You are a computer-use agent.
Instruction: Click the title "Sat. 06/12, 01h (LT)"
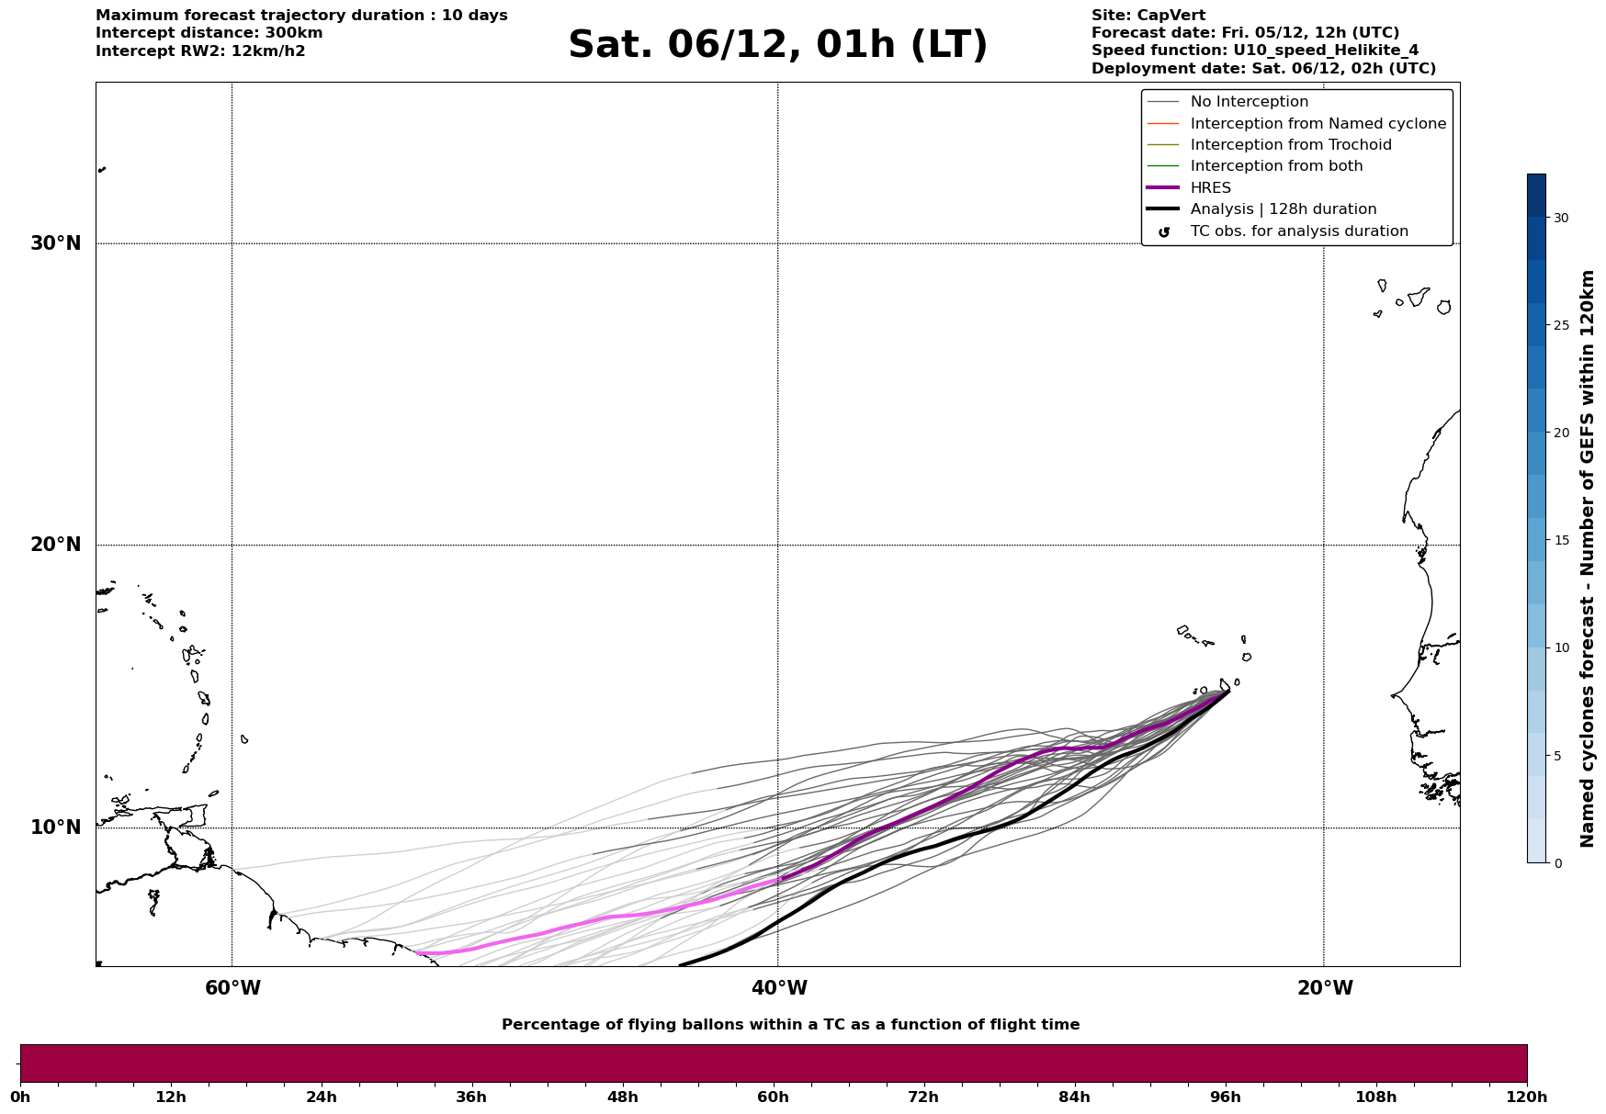[777, 45]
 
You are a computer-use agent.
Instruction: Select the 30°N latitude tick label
[56, 243]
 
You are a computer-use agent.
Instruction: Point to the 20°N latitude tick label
[56, 545]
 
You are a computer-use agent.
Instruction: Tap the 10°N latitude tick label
[56, 827]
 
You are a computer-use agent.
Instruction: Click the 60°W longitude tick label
[232, 988]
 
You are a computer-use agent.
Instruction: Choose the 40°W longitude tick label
[778, 988]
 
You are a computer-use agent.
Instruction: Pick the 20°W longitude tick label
[1324, 988]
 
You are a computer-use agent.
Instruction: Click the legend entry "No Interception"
[1249, 102]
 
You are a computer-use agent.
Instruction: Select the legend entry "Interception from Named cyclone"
[1318, 124]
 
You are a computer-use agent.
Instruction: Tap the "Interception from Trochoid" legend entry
[1290, 145]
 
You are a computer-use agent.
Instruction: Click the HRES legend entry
[1210, 188]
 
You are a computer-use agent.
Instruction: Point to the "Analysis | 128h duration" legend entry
[1283, 209]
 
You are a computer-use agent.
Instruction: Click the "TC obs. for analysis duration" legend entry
[1298, 231]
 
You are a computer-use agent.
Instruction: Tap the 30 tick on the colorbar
[1561, 218]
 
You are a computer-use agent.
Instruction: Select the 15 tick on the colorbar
[1561, 540]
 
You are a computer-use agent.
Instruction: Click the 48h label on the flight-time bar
[622, 1097]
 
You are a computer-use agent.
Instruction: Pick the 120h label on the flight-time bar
[1527, 1097]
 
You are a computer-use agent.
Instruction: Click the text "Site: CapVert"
[1148, 16]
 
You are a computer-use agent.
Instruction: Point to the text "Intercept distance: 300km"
[209, 33]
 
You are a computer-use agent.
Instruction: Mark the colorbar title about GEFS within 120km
[1588, 558]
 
